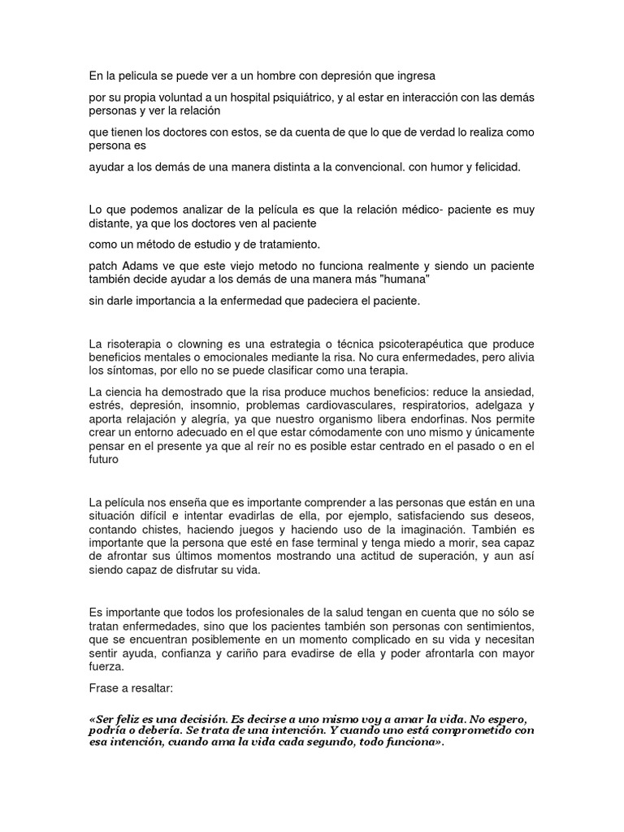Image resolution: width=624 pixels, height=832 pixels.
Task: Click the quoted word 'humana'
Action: (x=405, y=279)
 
